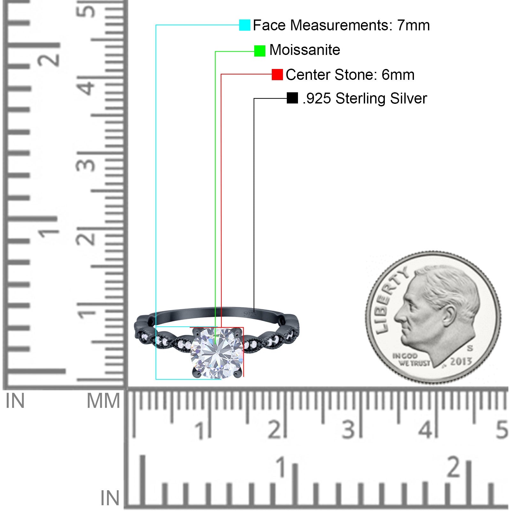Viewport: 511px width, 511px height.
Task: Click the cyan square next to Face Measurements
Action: pyautogui.click(x=245, y=25)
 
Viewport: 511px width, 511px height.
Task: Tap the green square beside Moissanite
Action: pyautogui.click(x=260, y=51)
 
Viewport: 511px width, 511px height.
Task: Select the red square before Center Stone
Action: pyautogui.click(x=277, y=74)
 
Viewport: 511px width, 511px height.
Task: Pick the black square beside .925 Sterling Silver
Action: pyautogui.click(x=292, y=98)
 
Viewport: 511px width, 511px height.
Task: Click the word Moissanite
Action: pyautogui.click(x=305, y=50)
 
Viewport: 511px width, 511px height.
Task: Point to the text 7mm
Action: pyautogui.click(x=413, y=25)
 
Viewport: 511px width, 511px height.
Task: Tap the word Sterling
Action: pyautogui.click(x=361, y=98)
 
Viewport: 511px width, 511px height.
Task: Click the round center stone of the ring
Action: pyautogui.click(x=217, y=353)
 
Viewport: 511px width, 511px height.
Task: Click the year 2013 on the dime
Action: pyautogui.click(x=461, y=362)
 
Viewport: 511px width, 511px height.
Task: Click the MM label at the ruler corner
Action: pyautogui.click(x=103, y=401)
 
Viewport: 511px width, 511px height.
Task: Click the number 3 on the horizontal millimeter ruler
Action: pyautogui.click(x=348, y=430)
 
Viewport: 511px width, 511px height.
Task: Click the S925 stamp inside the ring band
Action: pyautogui.click(x=250, y=314)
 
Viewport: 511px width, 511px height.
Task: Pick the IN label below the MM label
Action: pyautogui.click(x=110, y=498)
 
